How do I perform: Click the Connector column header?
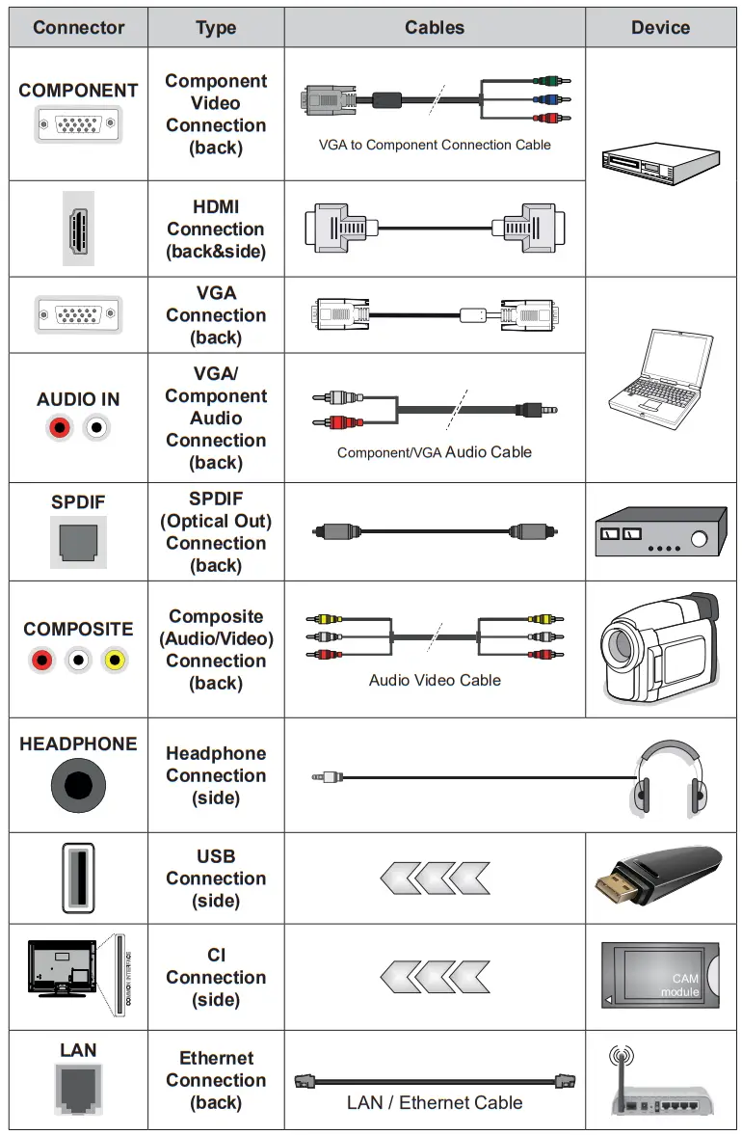(x=78, y=27)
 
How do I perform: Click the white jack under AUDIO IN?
(x=96, y=427)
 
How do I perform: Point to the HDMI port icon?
(x=78, y=229)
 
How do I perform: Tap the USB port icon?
(x=78, y=878)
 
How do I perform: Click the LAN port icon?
(x=78, y=1093)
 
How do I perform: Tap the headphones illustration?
(x=668, y=779)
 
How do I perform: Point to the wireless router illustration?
(x=655, y=1085)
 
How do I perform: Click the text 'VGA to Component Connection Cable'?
(x=435, y=145)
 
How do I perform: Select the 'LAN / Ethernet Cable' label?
(x=435, y=1102)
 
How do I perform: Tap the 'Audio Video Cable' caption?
(x=435, y=680)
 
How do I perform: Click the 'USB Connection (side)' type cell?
(x=216, y=878)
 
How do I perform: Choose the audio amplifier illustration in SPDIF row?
(x=659, y=531)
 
